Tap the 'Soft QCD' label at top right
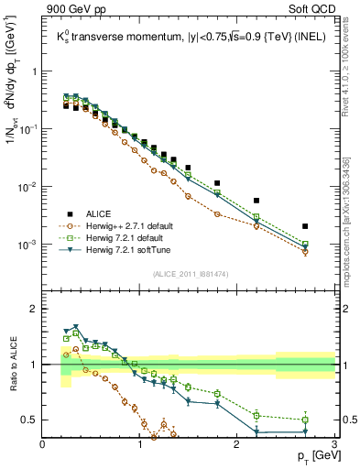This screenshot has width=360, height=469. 311,10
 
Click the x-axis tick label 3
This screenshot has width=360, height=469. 334,445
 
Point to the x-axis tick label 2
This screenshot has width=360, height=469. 237,445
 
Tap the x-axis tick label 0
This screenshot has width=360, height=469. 43,445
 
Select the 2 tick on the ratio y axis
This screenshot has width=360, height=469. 34,309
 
